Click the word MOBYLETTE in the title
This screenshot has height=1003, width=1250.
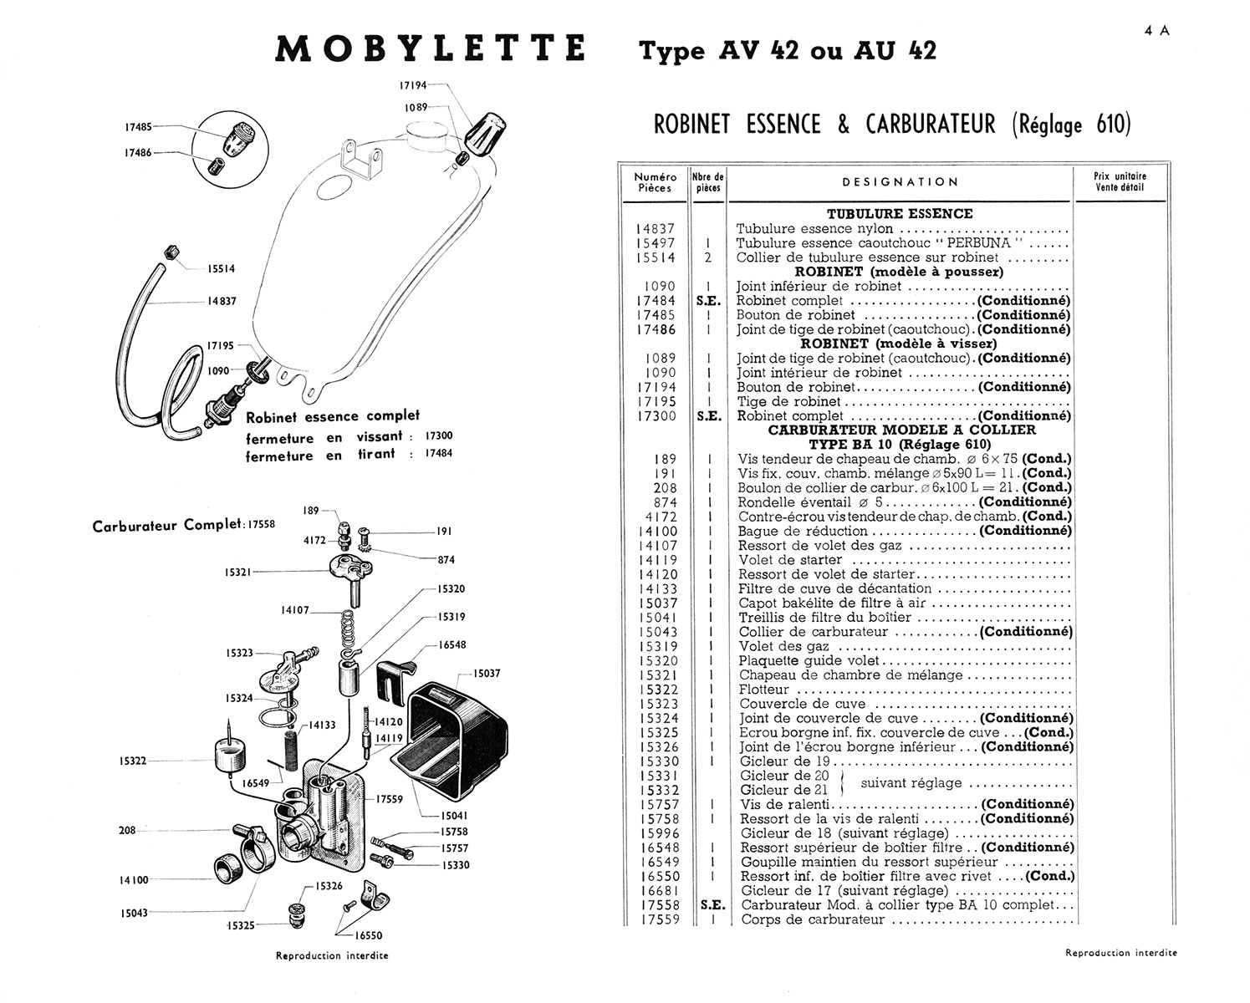[x=431, y=49]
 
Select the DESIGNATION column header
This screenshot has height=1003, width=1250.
[x=900, y=182]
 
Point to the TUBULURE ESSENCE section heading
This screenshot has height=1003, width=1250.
[x=900, y=214]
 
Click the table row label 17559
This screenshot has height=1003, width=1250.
[x=658, y=919]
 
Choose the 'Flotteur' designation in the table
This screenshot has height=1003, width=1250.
[x=764, y=690]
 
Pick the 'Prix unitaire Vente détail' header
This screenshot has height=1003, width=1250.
[x=1120, y=181]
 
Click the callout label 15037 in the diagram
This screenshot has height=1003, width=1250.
[x=487, y=674]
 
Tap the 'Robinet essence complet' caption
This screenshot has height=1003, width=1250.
[x=333, y=416]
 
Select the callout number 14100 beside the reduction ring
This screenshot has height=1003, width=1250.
[x=134, y=880]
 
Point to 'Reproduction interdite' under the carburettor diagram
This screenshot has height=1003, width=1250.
[x=332, y=955]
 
